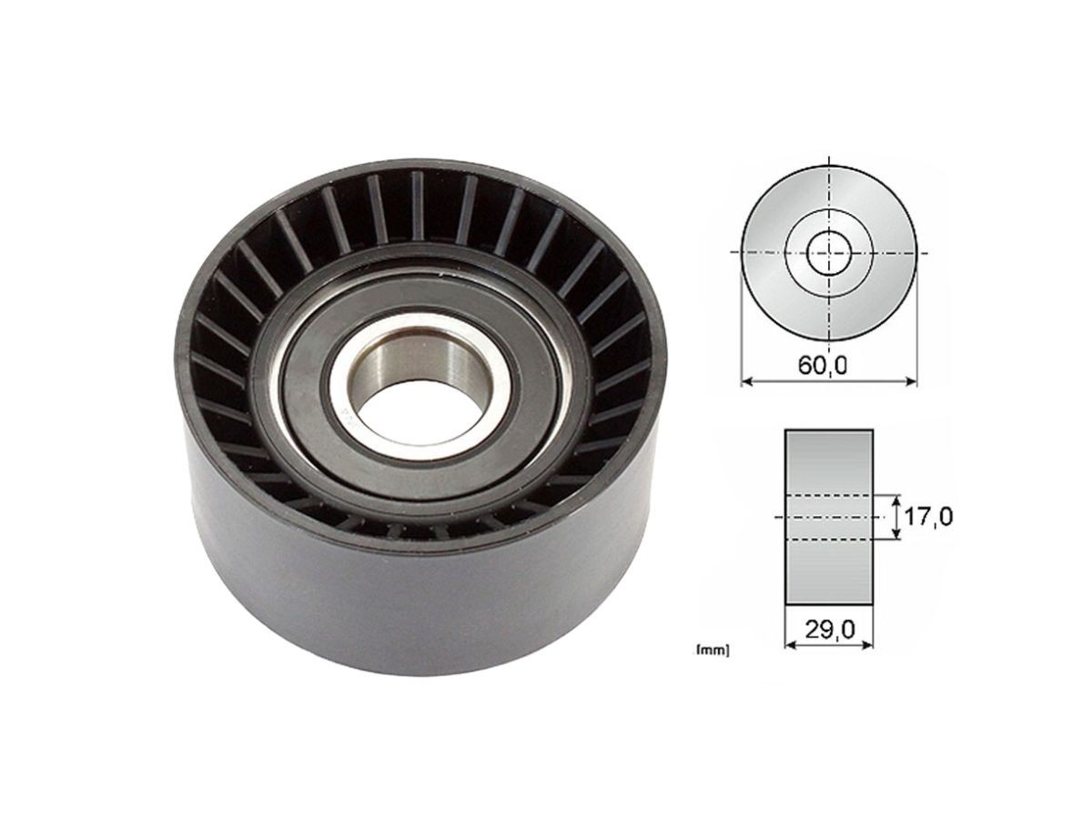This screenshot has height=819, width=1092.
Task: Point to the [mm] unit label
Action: click(x=712, y=651)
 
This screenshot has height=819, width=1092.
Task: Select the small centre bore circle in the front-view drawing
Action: click(x=828, y=252)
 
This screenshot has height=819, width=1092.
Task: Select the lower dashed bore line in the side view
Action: click(x=828, y=540)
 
